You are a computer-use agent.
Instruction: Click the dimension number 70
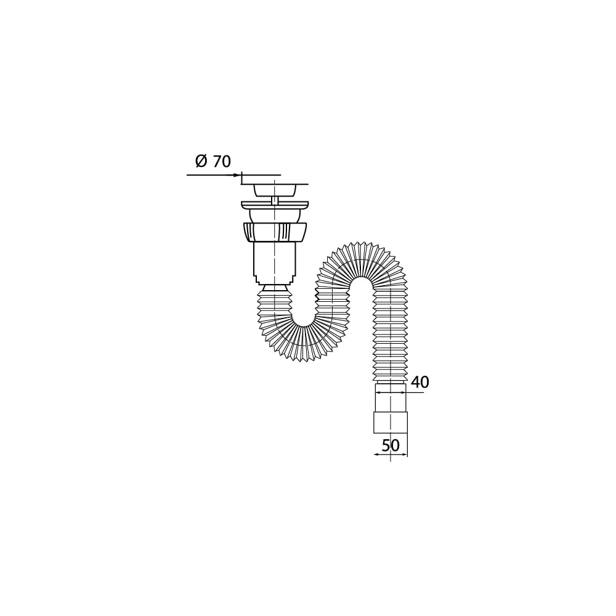pos(222,161)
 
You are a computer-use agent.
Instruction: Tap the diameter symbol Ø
pos(201,161)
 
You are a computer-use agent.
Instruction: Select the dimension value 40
pos(420,382)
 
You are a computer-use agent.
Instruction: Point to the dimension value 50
pos(391,445)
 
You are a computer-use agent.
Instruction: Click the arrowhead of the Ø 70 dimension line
pos(237,175)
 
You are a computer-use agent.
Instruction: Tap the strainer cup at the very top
pos(275,190)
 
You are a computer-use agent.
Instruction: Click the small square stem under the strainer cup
pos(275,200)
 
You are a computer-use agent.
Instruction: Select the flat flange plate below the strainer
pos(275,205)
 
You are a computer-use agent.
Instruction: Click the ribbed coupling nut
pos(275,232)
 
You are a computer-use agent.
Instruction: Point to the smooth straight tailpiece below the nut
pos(275,259)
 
